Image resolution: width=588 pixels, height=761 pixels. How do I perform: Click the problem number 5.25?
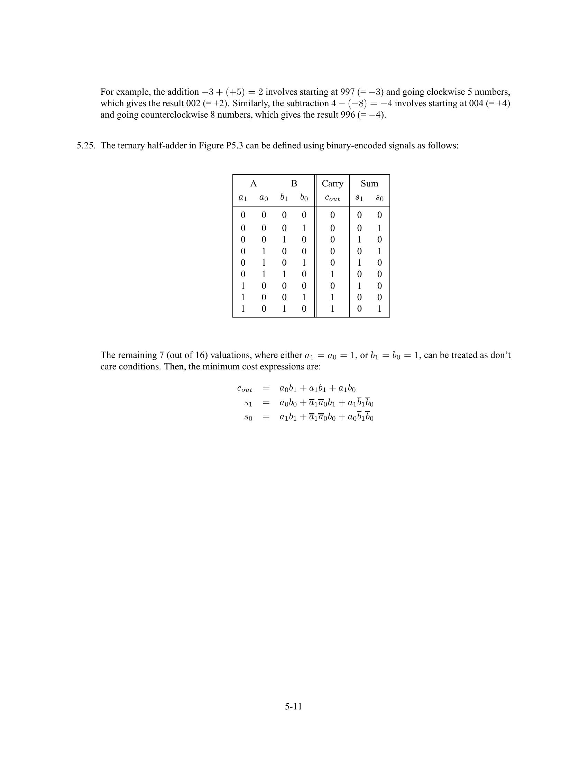point(86,146)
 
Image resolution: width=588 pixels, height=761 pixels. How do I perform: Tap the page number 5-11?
point(293,706)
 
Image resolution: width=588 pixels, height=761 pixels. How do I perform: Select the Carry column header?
point(332,184)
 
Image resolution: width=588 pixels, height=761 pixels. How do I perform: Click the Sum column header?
point(369,184)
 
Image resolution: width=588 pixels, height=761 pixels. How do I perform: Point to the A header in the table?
point(253,184)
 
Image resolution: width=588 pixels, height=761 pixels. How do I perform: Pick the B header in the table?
point(294,184)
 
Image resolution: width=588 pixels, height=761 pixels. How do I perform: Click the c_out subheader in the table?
point(332,198)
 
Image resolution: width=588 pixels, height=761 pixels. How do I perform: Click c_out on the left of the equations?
point(245,388)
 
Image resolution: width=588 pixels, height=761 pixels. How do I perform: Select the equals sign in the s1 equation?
point(266,403)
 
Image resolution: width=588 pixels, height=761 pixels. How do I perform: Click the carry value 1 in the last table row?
point(332,309)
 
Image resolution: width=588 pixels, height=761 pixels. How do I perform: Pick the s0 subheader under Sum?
point(379,198)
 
